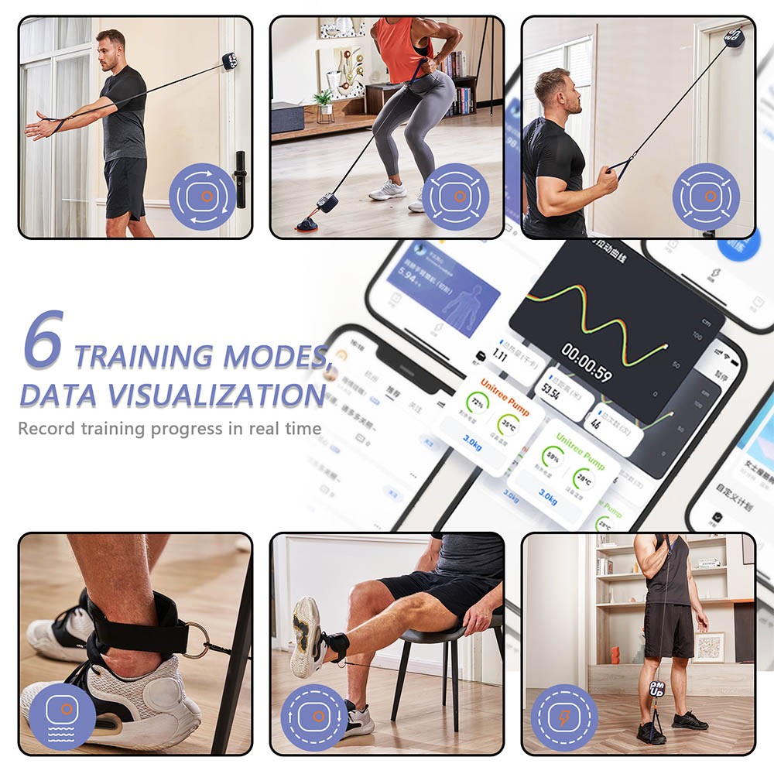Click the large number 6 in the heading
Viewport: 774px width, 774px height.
(43, 341)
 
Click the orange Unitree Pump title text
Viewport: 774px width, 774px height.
(504, 386)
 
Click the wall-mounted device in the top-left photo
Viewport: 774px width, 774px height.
(229, 61)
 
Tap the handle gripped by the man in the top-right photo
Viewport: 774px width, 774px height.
(617, 166)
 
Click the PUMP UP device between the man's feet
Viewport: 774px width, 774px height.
(656, 690)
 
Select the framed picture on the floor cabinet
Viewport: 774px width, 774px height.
(708, 647)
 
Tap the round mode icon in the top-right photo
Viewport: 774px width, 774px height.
(705, 196)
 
